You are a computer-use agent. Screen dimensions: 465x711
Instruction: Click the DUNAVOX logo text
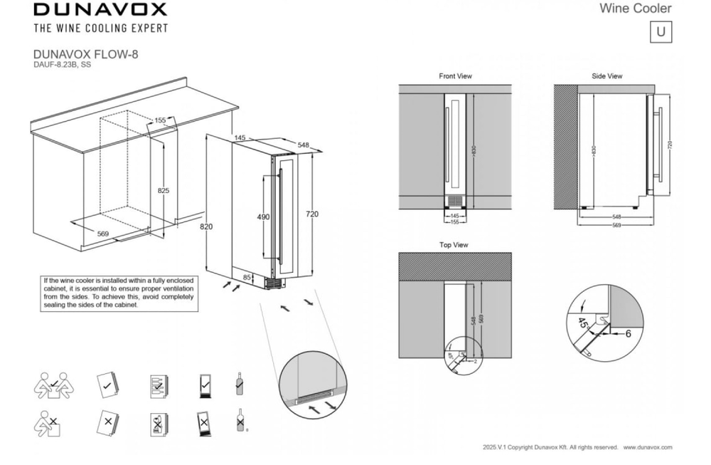pos(100,9)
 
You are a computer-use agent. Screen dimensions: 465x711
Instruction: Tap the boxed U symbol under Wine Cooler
pos(661,32)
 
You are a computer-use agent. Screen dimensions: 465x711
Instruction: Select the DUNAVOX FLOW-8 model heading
pos(85,54)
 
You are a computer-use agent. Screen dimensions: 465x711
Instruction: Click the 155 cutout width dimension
pos(160,121)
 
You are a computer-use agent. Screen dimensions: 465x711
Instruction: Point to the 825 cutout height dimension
pos(163,191)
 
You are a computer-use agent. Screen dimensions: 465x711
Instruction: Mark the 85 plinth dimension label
pos(247,277)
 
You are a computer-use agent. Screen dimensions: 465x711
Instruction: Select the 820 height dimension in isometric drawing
pos(205,226)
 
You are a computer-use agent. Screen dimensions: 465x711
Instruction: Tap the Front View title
pos(455,76)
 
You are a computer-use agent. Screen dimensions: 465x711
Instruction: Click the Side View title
pos(606,76)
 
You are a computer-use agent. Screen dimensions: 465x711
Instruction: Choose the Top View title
pos(454,245)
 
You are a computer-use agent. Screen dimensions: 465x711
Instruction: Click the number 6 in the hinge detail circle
pos(628,333)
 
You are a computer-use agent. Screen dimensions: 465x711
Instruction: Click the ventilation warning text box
pos(119,293)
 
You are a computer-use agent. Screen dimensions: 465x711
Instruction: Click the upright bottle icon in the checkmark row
pos(240,385)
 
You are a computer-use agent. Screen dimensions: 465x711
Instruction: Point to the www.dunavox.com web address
pos(648,447)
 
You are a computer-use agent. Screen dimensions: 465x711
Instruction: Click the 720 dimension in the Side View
pos(670,144)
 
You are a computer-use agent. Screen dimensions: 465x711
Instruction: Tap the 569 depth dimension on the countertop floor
pos(103,233)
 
